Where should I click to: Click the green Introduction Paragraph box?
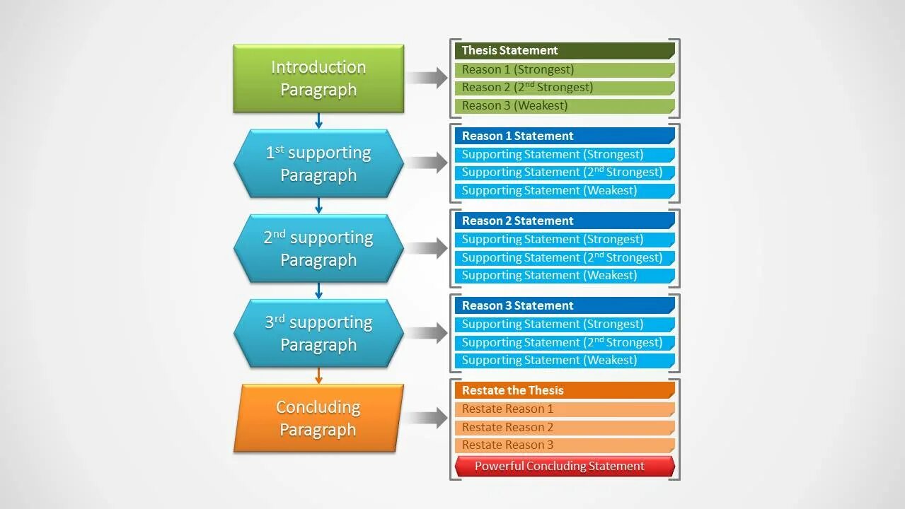pyautogui.click(x=318, y=78)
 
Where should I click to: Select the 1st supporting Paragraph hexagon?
pyautogui.click(x=318, y=163)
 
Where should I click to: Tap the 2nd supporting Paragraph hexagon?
pyautogui.click(x=318, y=248)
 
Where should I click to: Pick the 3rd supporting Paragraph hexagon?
pyautogui.click(x=318, y=333)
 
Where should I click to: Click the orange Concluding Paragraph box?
pyautogui.click(x=318, y=418)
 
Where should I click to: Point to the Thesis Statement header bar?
pyautogui.click(x=565, y=50)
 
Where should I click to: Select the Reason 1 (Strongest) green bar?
pyautogui.click(x=565, y=69)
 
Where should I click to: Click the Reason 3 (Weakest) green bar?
pyautogui.click(x=565, y=106)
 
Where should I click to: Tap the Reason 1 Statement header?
pyautogui.click(x=565, y=136)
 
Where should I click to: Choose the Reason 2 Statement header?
pyautogui.click(x=565, y=221)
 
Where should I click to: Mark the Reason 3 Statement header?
pyautogui.click(x=565, y=305)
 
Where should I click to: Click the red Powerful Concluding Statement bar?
pyautogui.click(x=565, y=467)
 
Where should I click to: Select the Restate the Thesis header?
pyautogui.click(x=565, y=390)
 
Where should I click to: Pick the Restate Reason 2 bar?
pyautogui.click(x=565, y=427)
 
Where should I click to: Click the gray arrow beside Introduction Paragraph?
pyautogui.click(x=427, y=78)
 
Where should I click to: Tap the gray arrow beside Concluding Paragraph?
pyautogui.click(x=427, y=418)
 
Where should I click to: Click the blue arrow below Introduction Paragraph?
pyautogui.click(x=318, y=121)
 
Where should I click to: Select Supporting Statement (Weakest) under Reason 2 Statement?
pyautogui.click(x=565, y=276)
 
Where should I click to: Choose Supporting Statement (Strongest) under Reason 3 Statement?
pyautogui.click(x=565, y=324)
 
